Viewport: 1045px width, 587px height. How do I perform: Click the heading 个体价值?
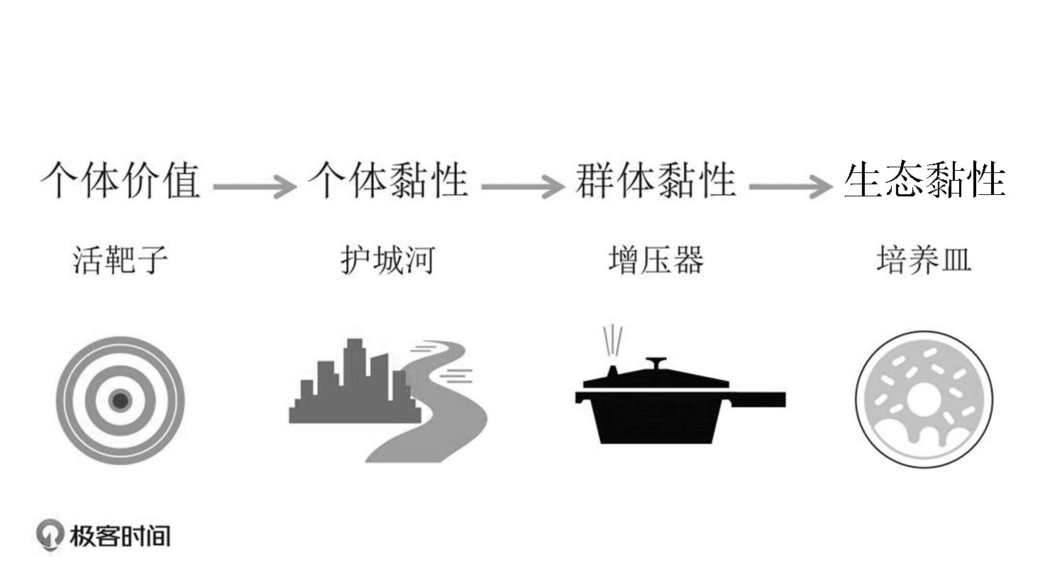(121, 180)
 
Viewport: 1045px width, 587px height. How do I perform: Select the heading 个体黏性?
(388, 180)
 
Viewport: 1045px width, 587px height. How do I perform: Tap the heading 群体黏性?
(656, 180)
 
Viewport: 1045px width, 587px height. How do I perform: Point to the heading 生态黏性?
(924, 180)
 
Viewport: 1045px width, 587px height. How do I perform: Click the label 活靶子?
(121, 260)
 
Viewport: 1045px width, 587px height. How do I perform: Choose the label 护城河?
(387, 260)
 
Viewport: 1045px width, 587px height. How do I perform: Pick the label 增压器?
(656, 260)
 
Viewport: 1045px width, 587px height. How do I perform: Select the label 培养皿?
(924, 260)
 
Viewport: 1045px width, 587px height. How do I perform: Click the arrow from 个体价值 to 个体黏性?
(254, 187)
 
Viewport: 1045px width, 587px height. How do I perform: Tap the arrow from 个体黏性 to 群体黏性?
(522, 187)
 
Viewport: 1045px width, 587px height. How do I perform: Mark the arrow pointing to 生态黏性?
(790, 187)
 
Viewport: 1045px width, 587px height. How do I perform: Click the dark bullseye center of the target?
(121, 401)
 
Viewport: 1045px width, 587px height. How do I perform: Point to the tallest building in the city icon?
(354, 376)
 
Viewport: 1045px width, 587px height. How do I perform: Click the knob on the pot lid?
(656, 363)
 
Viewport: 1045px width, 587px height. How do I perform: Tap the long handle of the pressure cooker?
(759, 399)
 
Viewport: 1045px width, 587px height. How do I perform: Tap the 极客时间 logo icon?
(49, 536)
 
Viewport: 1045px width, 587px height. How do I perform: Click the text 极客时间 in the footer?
(120, 536)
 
